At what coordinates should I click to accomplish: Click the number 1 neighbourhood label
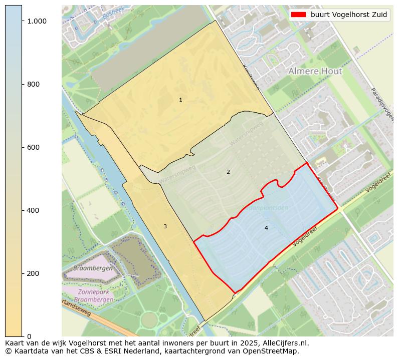coord(180,100)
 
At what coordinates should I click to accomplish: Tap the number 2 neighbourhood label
coord(228,172)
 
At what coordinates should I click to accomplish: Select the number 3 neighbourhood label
coord(165,227)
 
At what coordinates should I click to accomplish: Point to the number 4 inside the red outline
coord(266,228)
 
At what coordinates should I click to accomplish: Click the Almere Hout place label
coord(315,72)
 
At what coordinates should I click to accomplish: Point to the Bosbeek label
coord(112,13)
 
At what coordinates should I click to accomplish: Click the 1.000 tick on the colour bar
coord(37,21)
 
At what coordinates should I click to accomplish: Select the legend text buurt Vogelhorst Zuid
coord(349,15)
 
